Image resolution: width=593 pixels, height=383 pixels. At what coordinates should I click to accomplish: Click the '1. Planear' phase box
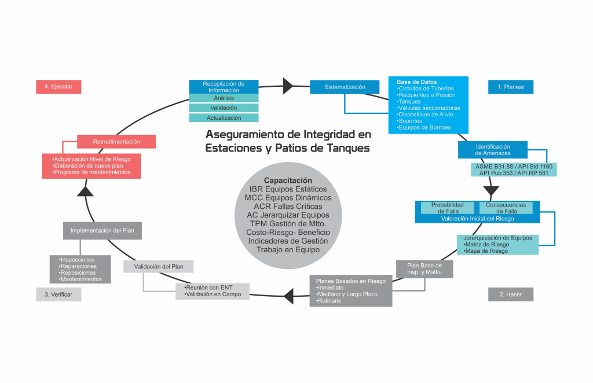coord(510,87)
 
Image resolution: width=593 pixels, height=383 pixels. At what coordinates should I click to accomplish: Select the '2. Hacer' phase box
coord(510,294)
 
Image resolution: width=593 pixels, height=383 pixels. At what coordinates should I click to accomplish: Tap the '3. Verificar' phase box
coord(58,294)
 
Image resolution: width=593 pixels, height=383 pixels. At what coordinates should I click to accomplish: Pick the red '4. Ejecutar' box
coord(58,87)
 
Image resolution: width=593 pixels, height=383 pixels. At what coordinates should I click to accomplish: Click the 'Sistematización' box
coord(345,87)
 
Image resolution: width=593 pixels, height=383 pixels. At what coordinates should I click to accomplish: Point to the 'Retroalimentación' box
coord(116,142)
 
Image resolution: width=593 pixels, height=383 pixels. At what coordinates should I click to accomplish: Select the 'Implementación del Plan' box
coord(103,231)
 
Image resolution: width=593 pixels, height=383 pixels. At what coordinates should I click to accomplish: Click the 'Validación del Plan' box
coord(158,267)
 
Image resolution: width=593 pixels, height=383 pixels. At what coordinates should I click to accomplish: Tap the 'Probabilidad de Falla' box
coord(445,208)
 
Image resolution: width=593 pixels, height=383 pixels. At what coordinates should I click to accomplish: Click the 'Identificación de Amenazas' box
coord(493,150)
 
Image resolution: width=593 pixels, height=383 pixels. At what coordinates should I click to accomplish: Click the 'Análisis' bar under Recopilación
coord(224,98)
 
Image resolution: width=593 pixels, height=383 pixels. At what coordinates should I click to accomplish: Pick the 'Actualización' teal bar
coord(224,118)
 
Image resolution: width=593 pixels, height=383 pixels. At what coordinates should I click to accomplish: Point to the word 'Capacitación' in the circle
coord(288,181)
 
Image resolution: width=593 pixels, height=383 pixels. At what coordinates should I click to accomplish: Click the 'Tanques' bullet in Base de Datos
coord(409,102)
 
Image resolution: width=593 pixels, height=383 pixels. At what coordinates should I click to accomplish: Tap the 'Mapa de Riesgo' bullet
coord(487,251)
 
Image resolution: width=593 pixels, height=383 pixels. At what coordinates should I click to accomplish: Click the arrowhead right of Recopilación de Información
coord(288,86)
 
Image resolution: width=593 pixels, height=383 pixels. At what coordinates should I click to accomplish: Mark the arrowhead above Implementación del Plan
coord(85,191)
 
